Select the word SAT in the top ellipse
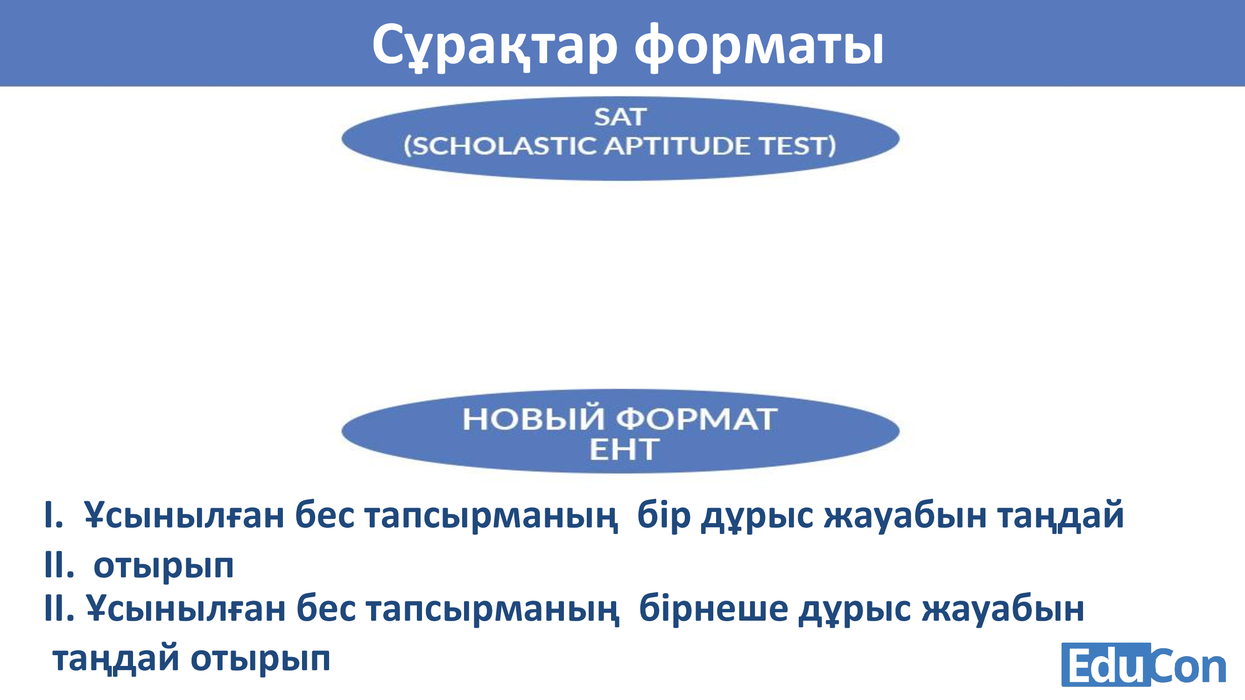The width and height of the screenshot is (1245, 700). pos(620,117)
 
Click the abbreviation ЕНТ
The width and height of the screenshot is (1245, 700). pos(624,449)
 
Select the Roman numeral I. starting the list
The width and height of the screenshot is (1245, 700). pos(53,515)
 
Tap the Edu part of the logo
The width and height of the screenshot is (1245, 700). pos(1105,665)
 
